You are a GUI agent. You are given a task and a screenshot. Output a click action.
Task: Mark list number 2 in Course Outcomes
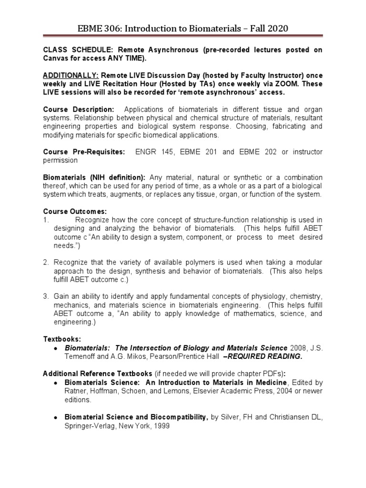[x=46, y=263]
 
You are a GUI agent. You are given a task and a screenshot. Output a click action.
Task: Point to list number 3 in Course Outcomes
[x=46, y=297]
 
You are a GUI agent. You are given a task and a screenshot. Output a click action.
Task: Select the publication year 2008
[x=298, y=348]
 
